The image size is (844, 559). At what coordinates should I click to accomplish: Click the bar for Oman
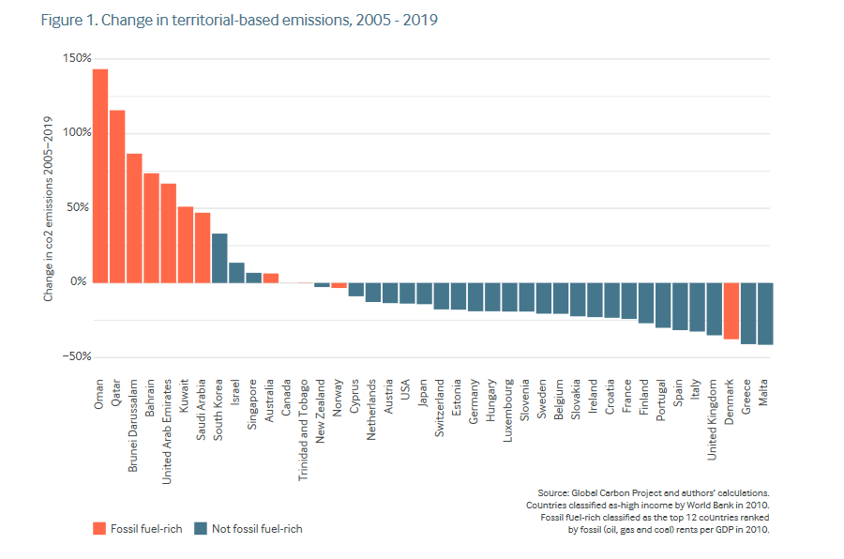coord(100,175)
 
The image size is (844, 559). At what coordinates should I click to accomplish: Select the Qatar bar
coord(117,196)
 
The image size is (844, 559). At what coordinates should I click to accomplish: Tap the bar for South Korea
coord(219,258)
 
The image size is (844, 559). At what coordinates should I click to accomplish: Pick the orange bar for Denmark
coord(731,310)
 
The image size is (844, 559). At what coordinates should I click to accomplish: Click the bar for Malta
coord(765,313)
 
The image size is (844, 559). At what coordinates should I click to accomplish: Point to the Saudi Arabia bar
coord(203,248)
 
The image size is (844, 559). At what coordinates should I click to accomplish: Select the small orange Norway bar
coord(339,285)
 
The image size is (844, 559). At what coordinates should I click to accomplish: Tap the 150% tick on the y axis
coord(77,58)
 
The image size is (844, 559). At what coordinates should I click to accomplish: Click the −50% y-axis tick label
coord(75,356)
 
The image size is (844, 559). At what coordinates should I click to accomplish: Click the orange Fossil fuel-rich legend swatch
coord(98,528)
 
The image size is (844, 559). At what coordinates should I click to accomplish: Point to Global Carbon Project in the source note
coord(613,492)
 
